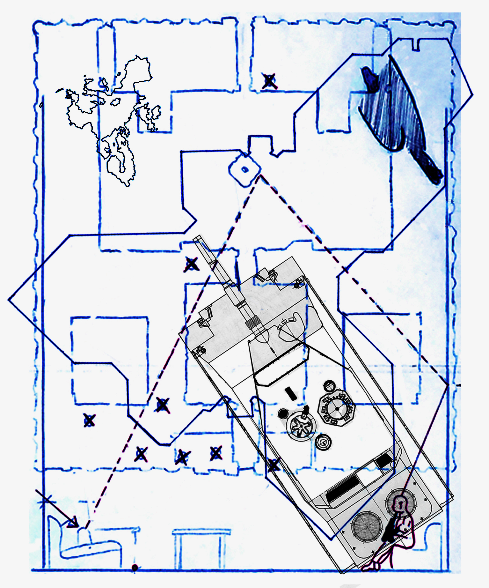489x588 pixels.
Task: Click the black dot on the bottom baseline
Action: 135,568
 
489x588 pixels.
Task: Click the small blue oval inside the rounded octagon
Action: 245,169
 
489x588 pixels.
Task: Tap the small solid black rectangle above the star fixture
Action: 291,393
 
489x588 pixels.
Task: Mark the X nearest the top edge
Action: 270,81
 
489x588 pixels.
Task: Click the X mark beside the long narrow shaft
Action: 191,264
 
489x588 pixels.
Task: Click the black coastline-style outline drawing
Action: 112,118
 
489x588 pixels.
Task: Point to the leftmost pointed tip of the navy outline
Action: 9,300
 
